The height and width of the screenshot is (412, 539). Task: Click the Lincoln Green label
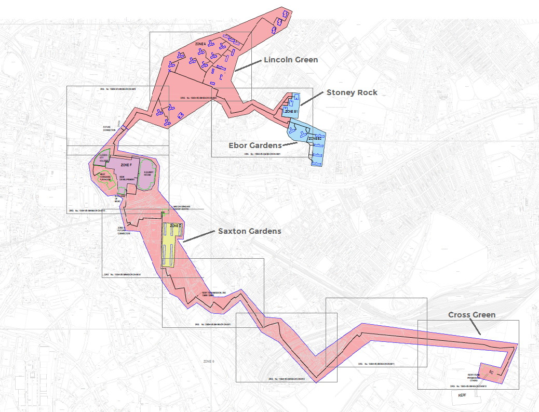pyautogui.click(x=290, y=60)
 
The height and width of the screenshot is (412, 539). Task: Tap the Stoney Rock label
pyautogui.click(x=352, y=92)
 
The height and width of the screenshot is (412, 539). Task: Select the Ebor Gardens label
pyautogui.click(x=255, y=145)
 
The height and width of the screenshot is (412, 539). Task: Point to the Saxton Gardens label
pyautogui.click(x=249, y=231)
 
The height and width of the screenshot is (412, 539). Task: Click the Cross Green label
pyautogui.click(x=471, y=315)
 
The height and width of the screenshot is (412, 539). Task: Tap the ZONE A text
pyautogui.click(x=200, y=43)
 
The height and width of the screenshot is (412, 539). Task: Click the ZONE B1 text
pyautogui.click(x=291, y=111)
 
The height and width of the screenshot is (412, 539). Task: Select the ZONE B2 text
pyautogui.click(x=315, y=139)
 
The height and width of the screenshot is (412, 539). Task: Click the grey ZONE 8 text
pyautogui.click(x=209, y=361)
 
